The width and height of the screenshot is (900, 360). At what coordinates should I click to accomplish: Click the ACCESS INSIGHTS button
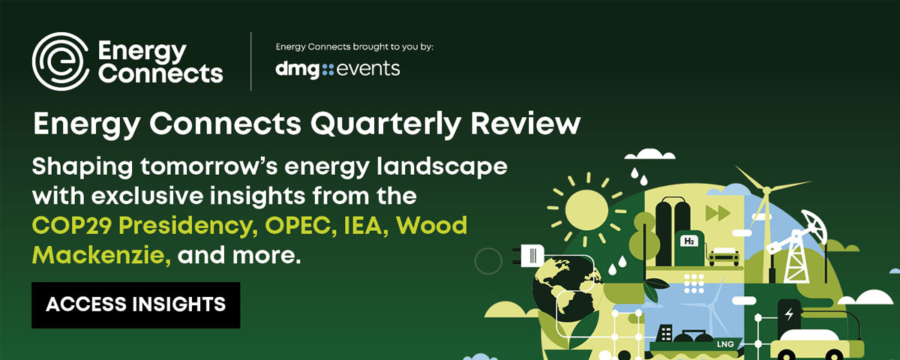[136, 305]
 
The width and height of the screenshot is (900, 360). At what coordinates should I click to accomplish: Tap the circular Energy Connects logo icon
[61, 61]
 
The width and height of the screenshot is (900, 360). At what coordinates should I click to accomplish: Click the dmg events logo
[337, 70]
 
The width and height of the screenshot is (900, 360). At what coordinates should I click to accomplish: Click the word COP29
[71, 226]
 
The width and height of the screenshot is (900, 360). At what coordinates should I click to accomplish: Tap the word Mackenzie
[101, 255]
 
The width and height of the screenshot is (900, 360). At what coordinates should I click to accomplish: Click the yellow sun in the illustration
[586, 209]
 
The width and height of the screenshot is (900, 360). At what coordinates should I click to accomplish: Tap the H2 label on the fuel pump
[688, 241]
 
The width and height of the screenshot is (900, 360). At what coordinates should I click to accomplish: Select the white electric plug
[529, 256]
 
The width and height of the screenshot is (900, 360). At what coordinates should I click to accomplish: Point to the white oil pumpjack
[796, 246]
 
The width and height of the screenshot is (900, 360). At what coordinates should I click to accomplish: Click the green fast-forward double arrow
[718, 213]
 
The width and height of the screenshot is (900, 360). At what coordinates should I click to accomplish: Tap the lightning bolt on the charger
[789, 314]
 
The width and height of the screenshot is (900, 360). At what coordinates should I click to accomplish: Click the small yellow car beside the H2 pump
[724, 256]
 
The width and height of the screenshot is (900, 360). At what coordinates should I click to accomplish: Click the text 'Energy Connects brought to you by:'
[354, 47]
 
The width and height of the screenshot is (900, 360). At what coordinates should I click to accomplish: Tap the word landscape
[442, 166]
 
